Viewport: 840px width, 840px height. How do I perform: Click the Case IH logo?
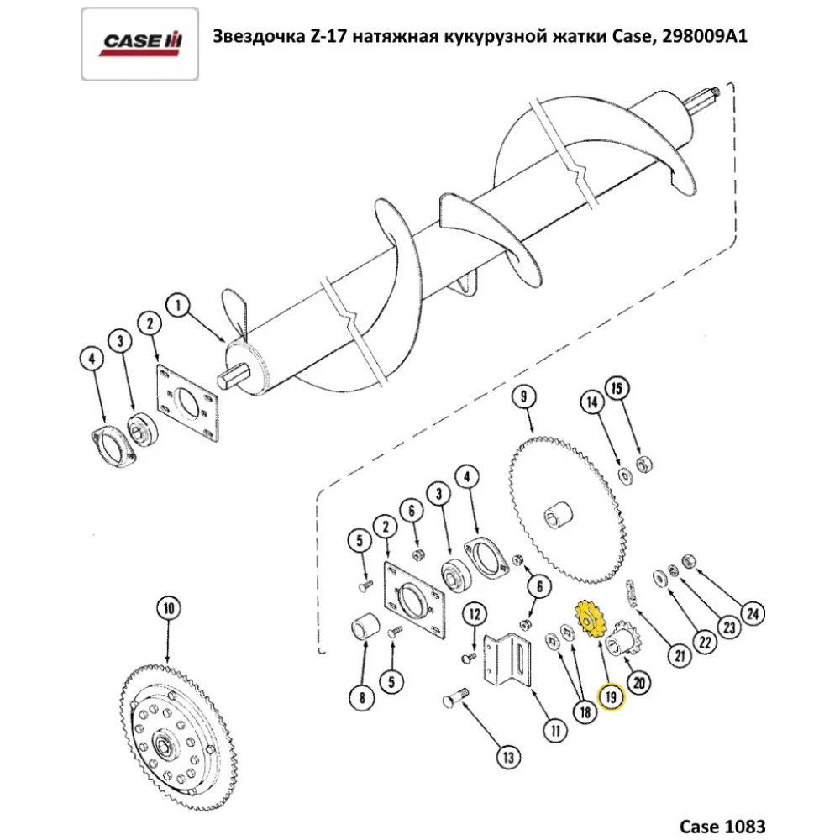coord(139,41)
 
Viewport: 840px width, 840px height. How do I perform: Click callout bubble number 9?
coord(523,394)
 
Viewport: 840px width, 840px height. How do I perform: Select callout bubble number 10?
coord(167,607)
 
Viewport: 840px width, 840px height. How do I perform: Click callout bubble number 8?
coord(362,696)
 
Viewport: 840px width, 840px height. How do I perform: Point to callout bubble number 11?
coord(554,731)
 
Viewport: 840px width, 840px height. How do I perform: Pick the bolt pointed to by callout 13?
coord(455,697)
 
